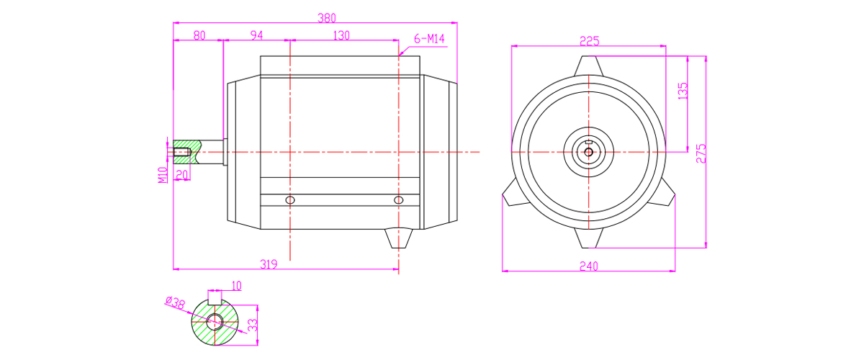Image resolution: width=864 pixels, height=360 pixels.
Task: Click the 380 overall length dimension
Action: coord(327,18)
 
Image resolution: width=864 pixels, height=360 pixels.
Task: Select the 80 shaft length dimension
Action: coord(199,35)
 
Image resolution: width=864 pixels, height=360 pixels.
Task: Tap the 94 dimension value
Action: coord(256,35)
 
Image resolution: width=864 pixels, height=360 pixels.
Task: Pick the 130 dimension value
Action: coord(341,35)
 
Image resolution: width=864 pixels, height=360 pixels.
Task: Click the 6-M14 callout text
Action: coord(429,39)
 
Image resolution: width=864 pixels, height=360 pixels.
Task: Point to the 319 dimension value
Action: coord(269,264)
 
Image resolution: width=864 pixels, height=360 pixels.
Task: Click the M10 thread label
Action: coord(163,175)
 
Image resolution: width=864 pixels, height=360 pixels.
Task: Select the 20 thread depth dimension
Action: coord(181,175)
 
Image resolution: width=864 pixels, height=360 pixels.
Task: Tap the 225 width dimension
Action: coord(590,41)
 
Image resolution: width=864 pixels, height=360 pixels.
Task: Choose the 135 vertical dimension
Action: coord(683,91)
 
